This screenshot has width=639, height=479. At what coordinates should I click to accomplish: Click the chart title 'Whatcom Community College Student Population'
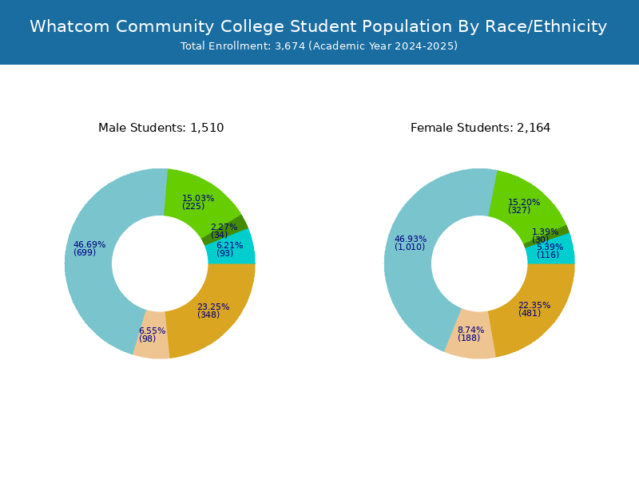click(x=319, y=26)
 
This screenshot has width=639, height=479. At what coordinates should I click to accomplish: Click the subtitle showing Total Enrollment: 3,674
click(x=319, y=46)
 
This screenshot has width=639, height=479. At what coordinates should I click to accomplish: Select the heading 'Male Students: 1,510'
click(x=161, y=128)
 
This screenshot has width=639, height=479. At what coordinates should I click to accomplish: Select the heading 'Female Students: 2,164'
click(x=480, y=128)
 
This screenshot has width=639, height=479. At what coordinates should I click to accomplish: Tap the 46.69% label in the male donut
click(x=89, y=248)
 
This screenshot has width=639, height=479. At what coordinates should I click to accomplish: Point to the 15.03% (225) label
click(x=198, y=202)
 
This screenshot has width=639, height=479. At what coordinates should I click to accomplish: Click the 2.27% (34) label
click(x=224, y=231)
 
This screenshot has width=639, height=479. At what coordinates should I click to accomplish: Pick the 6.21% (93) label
click(x=229, y=249)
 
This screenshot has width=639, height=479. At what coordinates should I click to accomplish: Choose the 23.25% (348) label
click(x=213, y=311)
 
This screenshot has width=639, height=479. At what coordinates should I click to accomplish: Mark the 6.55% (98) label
click(x=152, y=335)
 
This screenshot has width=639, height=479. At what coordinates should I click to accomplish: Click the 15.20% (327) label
click(x=524, y=206)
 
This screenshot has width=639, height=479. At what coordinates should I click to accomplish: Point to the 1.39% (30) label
click(x=545, y=236)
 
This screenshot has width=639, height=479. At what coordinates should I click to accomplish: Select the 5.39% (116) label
click(x=550, y=251)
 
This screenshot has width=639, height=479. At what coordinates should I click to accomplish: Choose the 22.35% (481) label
click(x=534, y=309)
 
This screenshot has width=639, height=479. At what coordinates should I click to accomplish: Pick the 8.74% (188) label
click(x=470, y=334)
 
